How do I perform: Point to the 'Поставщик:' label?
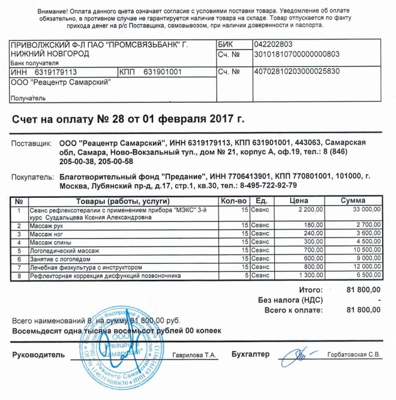(x=33, y=144)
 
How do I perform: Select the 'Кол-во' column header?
(x=233, y=200)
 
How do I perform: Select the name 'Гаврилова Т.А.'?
(x=194, y=356)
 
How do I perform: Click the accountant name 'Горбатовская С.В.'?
(x=354, y=356)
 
